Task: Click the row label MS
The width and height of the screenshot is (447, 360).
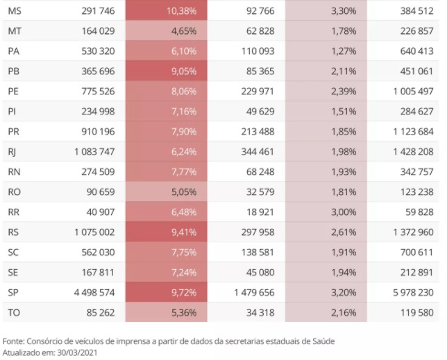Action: pos(15,11)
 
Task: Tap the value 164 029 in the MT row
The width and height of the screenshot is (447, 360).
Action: pos(98,31)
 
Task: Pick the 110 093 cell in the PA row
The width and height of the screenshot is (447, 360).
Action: pos(258,51)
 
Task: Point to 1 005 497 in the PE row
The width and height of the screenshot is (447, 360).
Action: pos(413,91)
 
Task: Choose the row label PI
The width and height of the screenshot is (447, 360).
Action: pos(12,112)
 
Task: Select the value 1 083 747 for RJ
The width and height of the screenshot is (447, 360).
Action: pos(94,151)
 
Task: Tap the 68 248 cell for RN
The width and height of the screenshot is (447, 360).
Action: pos(260,172)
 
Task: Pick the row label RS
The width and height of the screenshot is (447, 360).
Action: pos(13,232)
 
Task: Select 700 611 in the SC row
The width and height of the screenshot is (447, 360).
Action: pos(416,252)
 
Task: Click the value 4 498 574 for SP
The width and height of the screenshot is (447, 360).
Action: pos(94,293)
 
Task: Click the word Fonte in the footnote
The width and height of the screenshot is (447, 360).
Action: pos(13,341)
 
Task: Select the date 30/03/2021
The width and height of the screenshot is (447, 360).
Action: pos(77,352)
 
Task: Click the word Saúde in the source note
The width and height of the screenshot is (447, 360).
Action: pos(323,341)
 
